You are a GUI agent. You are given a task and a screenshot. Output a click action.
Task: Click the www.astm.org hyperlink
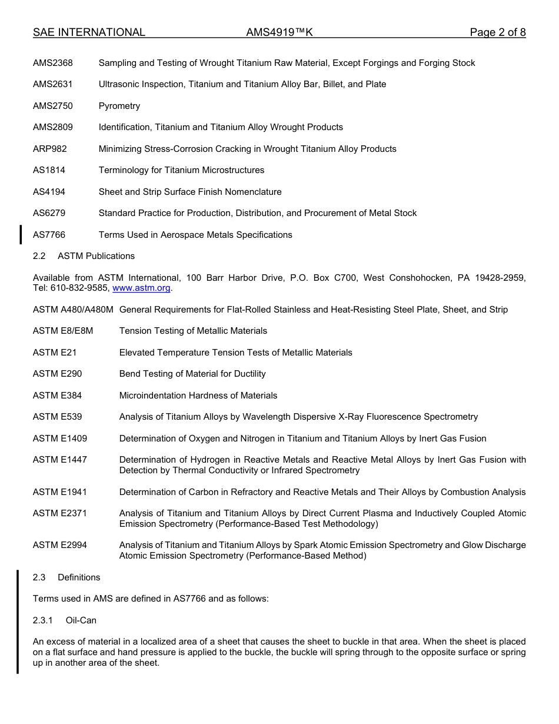click(x=141, y=288)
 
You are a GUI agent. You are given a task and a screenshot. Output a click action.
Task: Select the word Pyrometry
click(x=119, y=106)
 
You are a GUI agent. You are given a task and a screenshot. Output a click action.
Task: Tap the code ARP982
click(x=50, y=149)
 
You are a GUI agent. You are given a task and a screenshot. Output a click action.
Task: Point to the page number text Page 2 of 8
click(x=497, y=32)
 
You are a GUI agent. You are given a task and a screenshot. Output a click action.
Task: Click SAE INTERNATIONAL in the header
click(x=89, y=32)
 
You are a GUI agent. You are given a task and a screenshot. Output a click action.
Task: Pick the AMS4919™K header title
click(x=279, y=32)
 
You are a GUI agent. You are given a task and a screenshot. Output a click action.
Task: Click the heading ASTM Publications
click(x=96, y=256)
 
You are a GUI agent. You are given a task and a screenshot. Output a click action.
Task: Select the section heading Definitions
click(x=79, y=577)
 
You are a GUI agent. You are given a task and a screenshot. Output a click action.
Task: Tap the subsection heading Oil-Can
click(x=81, y=620)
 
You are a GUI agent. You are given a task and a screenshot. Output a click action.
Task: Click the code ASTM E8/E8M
click(x=63, y=331)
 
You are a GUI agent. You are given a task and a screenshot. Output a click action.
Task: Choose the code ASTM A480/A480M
click(x=73, y=310)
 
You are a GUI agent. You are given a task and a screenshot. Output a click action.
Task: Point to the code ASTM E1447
click(x=60, y=460)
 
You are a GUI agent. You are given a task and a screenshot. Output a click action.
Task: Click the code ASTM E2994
click(x=60, y=545)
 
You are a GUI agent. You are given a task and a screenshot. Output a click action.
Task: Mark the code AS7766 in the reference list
click(x=49, y=235)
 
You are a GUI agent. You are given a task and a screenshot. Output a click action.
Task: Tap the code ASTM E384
click(x=58, y=396)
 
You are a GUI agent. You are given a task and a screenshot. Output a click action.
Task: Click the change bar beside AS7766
click(x=21, y=234)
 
